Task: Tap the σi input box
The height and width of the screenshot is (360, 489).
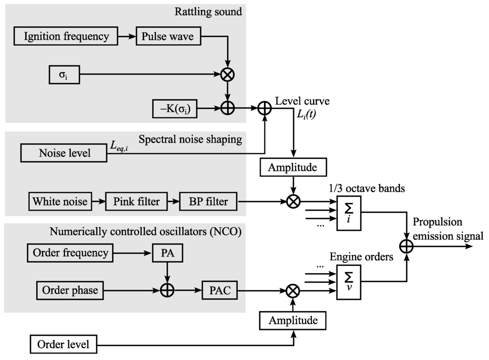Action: point(64,75)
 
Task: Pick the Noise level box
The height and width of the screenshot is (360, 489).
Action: point(64,153)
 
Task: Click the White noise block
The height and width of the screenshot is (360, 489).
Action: point(60,201)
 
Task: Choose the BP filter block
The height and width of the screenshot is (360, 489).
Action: point(208,201)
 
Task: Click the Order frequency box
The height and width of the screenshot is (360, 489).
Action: point(71,253)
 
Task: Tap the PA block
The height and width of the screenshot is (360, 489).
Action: point(167,253)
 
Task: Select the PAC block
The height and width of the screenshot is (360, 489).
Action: point(220,290)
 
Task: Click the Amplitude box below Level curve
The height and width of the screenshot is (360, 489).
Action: point(293,168)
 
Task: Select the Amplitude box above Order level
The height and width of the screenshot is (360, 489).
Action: point(293,320)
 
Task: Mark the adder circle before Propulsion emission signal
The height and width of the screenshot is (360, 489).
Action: point(406,246)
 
